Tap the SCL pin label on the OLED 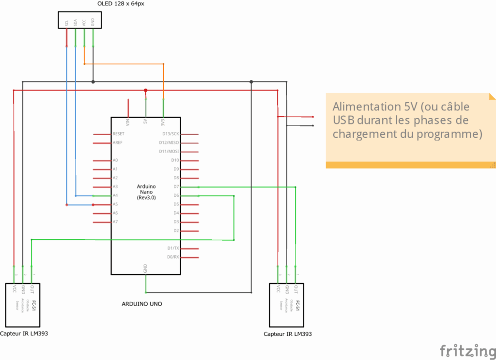[x=66, y=23]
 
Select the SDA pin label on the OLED [x=75, y=23]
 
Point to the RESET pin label [x=118, y=134]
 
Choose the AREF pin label [x=117, y=142]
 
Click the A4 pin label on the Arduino [x=115, y=195]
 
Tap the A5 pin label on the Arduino [x=115, y=204]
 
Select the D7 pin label [x=176, y=187]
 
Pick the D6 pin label [x=176, y=195]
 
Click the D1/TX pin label [x=173, y=248]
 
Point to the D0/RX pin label [x=173, y=257]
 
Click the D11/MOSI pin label [x=169, y=151]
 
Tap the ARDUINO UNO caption [x=142, y=304]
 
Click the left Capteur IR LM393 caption [x=24, y=333]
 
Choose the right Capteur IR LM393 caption [x=288, y=334]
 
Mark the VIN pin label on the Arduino [x=128, y=122]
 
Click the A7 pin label [x=115, y=221]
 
